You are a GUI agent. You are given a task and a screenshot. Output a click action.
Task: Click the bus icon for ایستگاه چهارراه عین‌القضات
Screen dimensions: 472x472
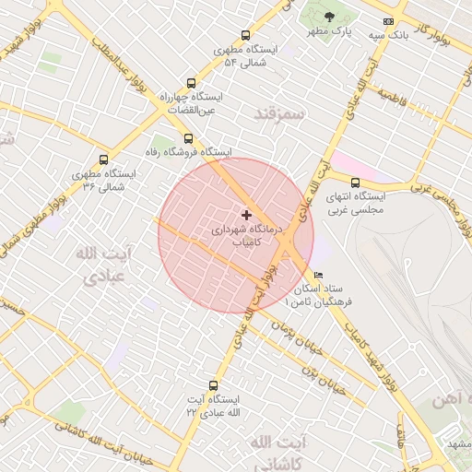point(191,82)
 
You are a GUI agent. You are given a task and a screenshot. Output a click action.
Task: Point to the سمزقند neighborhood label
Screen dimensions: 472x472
point(277,112)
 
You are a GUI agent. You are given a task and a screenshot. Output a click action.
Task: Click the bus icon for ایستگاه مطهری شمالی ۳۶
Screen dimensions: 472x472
point(103,159)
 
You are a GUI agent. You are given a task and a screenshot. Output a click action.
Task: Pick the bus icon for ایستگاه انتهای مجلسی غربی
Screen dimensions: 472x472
point(355,182)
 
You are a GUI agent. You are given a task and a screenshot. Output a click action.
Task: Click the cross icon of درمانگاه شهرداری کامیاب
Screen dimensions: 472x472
point(245,214)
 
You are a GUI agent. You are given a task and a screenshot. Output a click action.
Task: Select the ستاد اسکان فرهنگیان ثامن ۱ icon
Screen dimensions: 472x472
point(319,275)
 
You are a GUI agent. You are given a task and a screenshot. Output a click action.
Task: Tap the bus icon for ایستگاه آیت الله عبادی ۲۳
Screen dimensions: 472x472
point(214,386)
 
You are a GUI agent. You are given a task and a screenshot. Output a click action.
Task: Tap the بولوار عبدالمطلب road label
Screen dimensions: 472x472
point(121,74)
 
